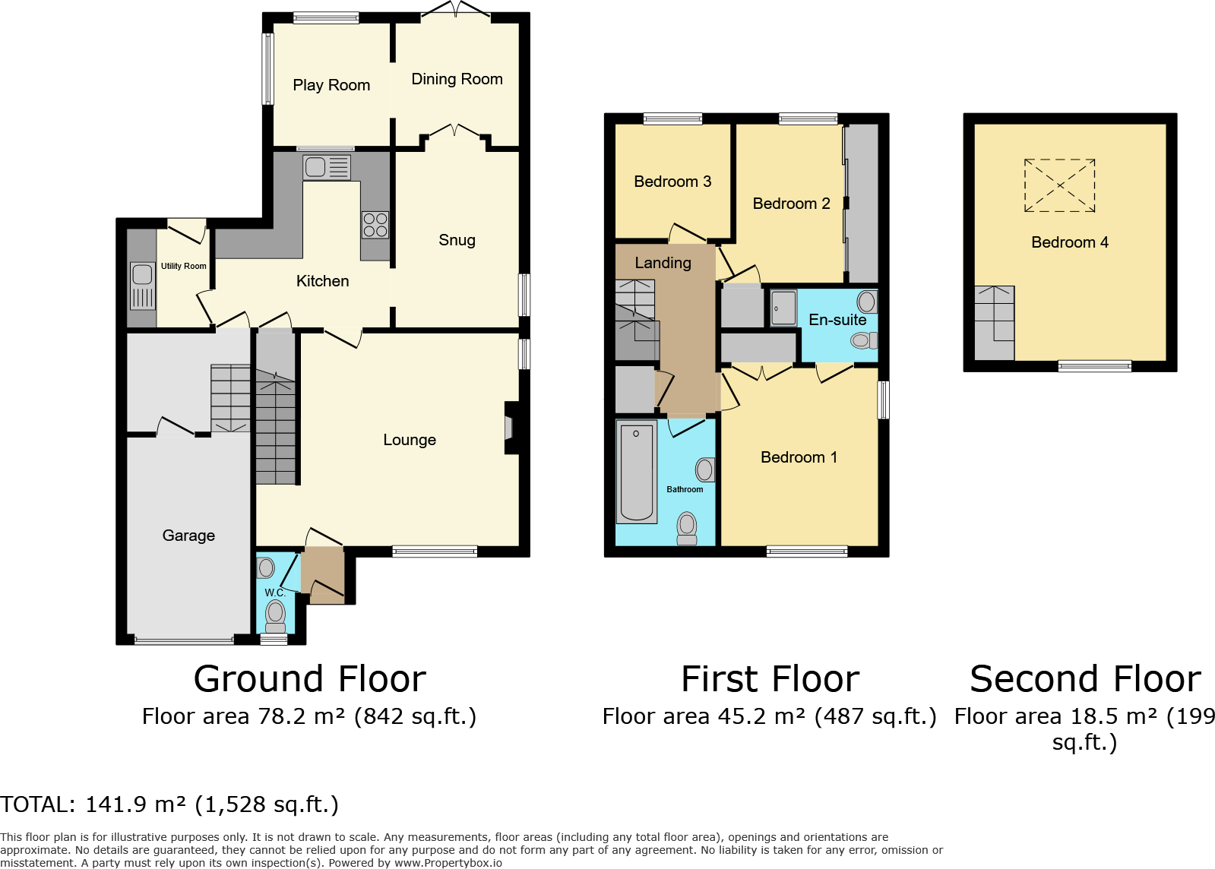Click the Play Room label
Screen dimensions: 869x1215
[x=331, y=85]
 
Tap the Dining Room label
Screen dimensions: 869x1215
[x=457, y=79]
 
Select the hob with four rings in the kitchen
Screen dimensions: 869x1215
[x=375, y=225]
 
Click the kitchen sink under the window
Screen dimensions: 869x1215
[x=327, y=166]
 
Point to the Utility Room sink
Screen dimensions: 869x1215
[x=142, y=286]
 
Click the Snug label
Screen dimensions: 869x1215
[x=457, y=240]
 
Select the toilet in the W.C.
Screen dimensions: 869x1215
[x=275, y=615]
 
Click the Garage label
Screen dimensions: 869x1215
[x=188, y=536]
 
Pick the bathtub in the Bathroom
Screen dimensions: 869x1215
[x=636, y=472]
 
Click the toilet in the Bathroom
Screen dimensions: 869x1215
[x=687, y=528]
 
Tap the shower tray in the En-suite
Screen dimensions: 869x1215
[x=783, y=308]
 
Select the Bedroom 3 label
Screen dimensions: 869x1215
[x=672, y=182]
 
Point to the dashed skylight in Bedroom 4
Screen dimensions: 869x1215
[x=1059, y=185]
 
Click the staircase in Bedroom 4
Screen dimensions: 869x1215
[x=995, y=322]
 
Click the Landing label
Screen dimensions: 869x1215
[x=663, y=263]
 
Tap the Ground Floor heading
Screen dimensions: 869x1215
[x=309, y=678]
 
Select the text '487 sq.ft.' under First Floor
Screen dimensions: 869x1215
[x=875, y=716]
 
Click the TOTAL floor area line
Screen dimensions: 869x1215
[x=169, y=804]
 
